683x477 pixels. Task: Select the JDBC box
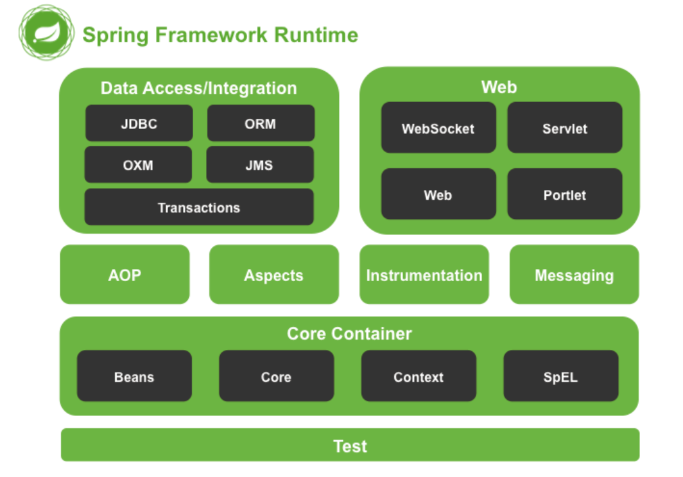point(139,123)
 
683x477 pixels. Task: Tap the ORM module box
point(261,123)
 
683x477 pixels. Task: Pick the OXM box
point(138,165)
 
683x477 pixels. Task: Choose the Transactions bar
point(199,207)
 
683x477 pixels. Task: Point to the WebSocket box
point(438,128)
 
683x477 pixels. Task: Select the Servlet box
point(565,128)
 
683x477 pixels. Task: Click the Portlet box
point(565,195)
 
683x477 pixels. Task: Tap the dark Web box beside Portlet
point(438,195)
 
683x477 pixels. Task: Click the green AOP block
point(125,275)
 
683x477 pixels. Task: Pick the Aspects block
point(274,275)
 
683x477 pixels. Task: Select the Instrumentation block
point(424,275)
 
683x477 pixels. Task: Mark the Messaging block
point(574,275)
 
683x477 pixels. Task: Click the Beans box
point(134,376)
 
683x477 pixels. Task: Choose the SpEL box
point(560,376)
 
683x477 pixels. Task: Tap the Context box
point(419,376)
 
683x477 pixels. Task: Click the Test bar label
point(350,446)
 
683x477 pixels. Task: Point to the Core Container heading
point(349,334)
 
